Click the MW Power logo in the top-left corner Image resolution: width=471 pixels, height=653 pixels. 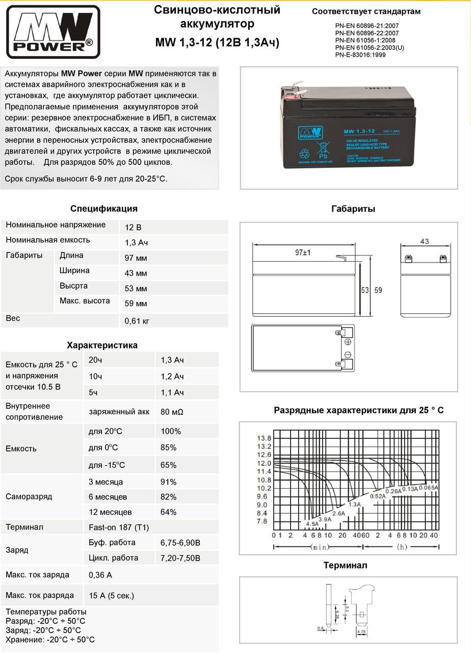tap(53, 32)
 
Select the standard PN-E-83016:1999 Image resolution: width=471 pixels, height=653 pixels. tap(360, 55)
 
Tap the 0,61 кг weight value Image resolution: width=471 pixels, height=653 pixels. tap(137, 321)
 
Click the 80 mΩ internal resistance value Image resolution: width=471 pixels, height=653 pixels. tap(172, 412)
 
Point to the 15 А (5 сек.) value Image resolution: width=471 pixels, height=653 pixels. tap(111, 595)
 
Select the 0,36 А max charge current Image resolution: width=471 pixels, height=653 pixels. tap(100, 575)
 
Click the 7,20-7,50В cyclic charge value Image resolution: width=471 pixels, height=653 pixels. tap(180, 558)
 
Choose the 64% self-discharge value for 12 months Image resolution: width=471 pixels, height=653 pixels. tap(169, 512)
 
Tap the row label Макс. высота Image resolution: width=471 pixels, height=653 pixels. tap(85, 301)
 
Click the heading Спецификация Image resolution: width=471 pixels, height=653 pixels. tap(104, 209)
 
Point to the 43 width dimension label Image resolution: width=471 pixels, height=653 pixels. tap(424, 241)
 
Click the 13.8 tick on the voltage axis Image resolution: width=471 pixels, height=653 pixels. tap(264, 439)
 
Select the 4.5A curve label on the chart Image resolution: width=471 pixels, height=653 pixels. tap(312, 523)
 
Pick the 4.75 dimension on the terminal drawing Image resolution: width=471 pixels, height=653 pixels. tap(361, 632)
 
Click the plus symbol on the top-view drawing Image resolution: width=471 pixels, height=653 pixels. tap(348, 342)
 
